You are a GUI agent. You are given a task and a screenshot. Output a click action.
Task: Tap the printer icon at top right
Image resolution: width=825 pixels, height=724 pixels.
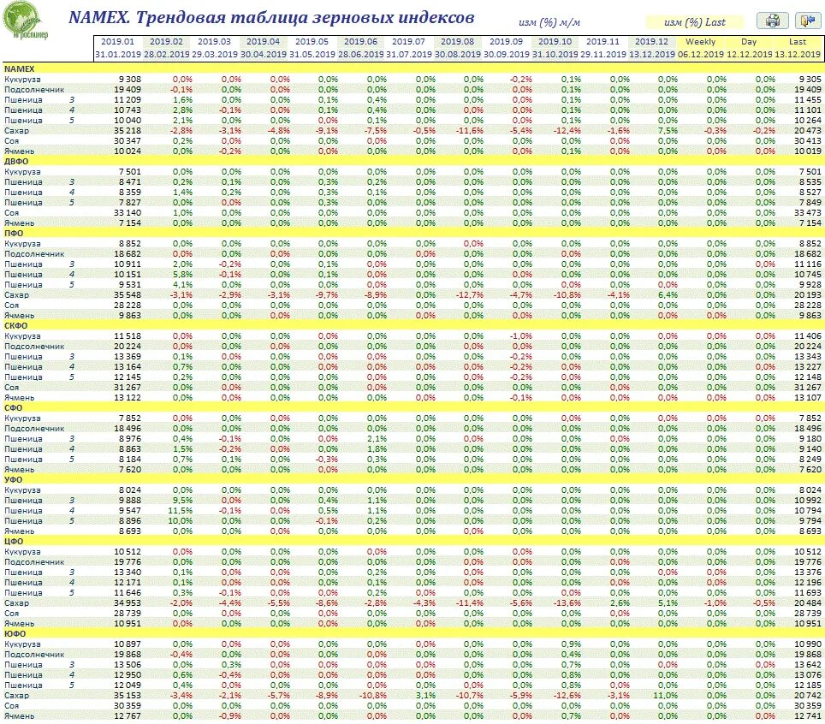(775, 21)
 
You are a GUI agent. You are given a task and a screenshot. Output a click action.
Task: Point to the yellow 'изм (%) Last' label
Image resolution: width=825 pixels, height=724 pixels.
(696, 22)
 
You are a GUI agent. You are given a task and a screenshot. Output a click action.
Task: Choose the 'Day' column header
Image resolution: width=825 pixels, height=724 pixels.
(749, 41)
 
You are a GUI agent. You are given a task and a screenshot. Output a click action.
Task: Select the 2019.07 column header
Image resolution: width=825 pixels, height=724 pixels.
(408, 41)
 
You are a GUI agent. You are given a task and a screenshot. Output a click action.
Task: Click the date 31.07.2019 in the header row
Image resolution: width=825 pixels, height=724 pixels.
(408, 53)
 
